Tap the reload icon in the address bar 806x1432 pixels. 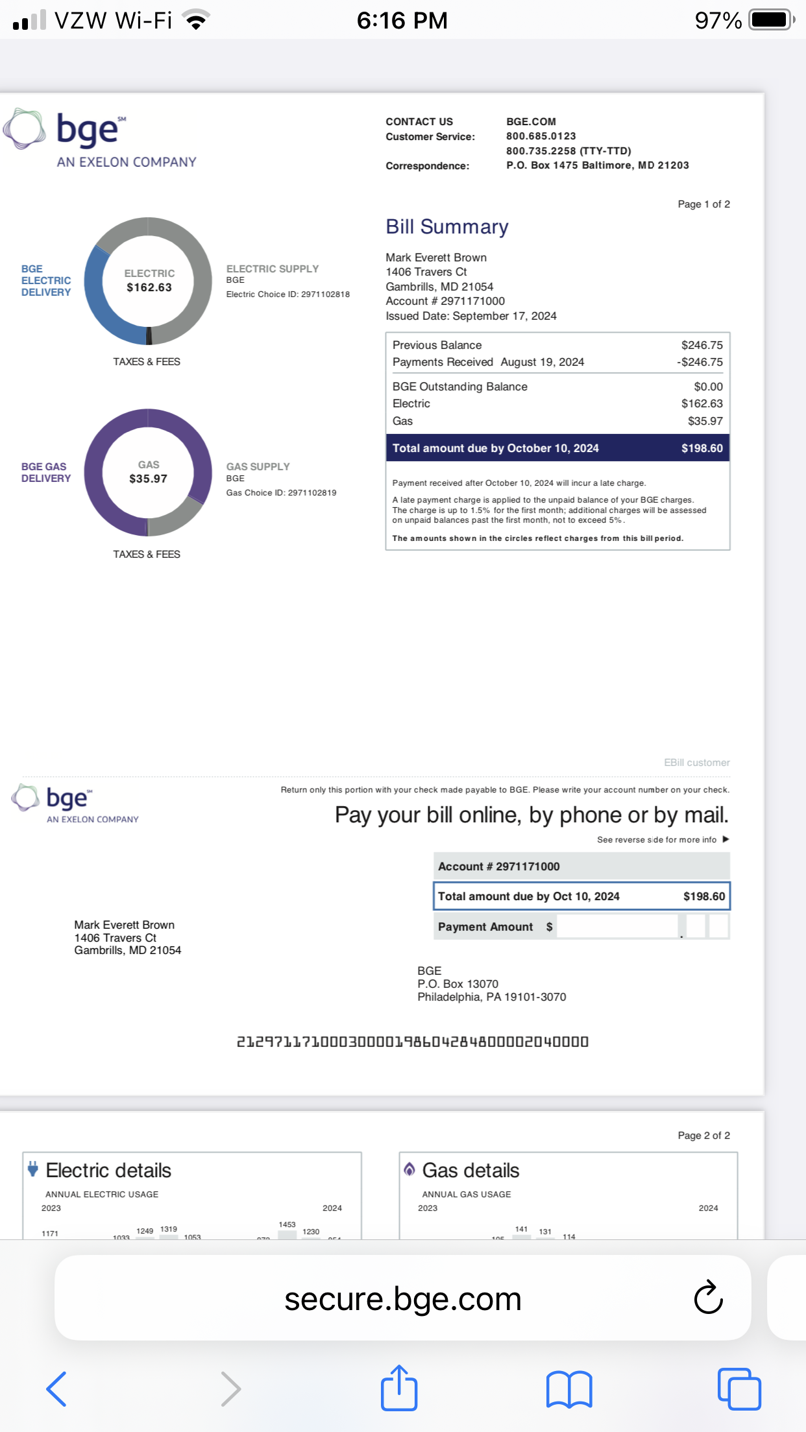[x=708, y=1297]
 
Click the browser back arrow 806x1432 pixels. [x=56, y=1389]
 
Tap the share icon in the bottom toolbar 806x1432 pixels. [x=398, y=1389]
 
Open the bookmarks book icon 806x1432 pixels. [x=569, y=1389]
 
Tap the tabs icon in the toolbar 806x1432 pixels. [x=739, y=1389]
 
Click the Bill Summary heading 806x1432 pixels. [x=446, y=227]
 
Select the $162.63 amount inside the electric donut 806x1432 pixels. [x=149, y=287]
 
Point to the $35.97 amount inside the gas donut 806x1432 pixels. [x=148, y=479]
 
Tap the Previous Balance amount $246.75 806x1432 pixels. [x=702, y=345]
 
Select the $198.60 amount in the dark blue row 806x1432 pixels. [x=702, y=448]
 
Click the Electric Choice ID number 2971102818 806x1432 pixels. [x=325, y=294]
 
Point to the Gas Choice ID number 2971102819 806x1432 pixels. [x=312, y=493]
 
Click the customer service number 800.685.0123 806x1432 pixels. [x=541, y=136]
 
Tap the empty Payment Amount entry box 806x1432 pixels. [x=617, y=926]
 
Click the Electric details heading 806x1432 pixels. [x=108, y=1170]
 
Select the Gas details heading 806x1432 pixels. [x=470, y=1170]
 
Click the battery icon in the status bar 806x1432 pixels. [x=770, y=20]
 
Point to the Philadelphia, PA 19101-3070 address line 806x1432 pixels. [x=491, y=997]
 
